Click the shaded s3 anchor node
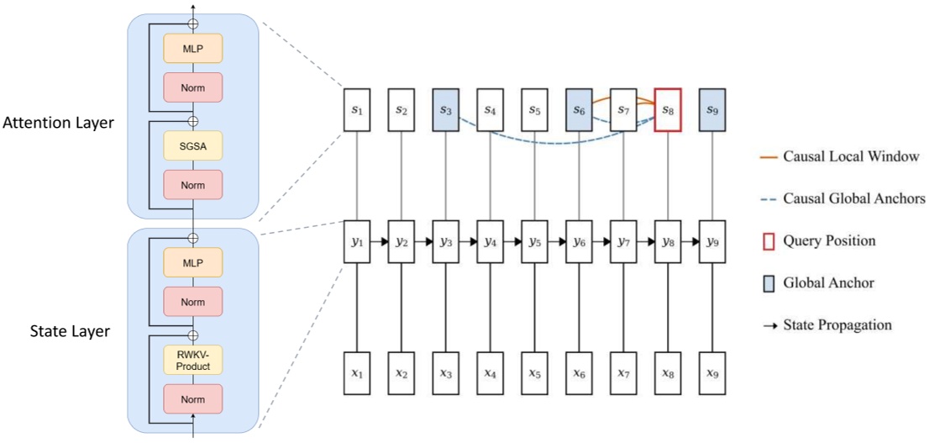point(446,109)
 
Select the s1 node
point(357,109)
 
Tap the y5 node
point(535,242)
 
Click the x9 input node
point(713,371)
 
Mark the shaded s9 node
point(713,109)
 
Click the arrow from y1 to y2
point(380,242)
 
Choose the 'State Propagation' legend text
point(837,324)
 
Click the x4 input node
point(491,371)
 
